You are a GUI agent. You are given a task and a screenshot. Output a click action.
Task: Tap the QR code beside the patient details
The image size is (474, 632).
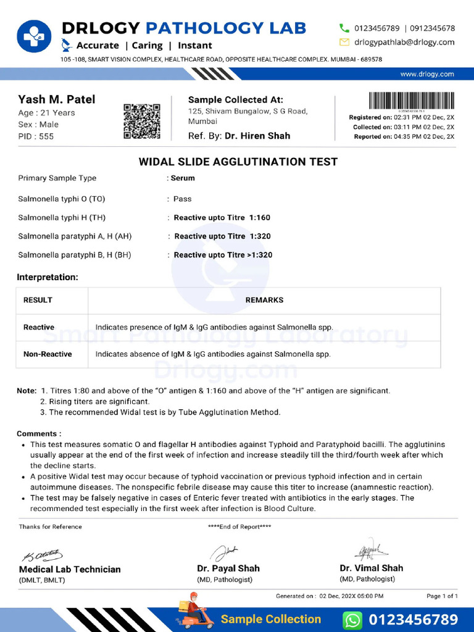tap(142, 121)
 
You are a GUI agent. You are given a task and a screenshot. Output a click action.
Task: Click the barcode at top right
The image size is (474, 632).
tap(412, 101)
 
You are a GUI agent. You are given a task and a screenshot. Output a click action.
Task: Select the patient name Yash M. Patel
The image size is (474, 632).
tap(57, 99)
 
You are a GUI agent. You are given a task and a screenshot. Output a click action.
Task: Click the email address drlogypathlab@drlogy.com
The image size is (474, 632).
tap(404, 42)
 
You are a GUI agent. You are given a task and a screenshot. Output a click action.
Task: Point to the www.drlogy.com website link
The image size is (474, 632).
tap(427, 74)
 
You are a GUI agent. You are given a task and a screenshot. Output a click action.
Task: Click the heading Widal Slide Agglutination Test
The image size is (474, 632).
tap(238, 162)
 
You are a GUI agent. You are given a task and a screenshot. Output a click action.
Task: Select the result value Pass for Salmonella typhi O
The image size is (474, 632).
tap(182, 199)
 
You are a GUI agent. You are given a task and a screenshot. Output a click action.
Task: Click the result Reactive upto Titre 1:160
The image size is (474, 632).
tap(222, 217)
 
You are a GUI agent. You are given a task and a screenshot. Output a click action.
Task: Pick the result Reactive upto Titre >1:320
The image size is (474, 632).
tap(223, 255)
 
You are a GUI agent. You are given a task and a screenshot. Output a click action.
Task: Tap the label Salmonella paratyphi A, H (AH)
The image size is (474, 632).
tap(75, 236)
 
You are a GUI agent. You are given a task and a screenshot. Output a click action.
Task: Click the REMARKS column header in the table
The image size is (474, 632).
tap(264, 300)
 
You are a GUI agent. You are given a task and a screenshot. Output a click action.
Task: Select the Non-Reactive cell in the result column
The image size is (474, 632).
tap(48, 354)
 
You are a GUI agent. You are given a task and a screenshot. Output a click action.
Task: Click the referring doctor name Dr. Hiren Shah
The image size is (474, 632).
tap(257, 136)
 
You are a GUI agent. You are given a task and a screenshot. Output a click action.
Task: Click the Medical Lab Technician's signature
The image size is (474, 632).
tap(44, 555)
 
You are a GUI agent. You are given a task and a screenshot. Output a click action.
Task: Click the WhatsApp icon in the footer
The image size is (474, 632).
tap(352, 619)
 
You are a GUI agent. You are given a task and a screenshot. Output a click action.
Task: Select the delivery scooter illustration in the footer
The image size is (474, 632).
tap(194, 612)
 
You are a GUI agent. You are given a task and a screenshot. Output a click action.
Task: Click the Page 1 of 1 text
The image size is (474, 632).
tap(442, 596)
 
